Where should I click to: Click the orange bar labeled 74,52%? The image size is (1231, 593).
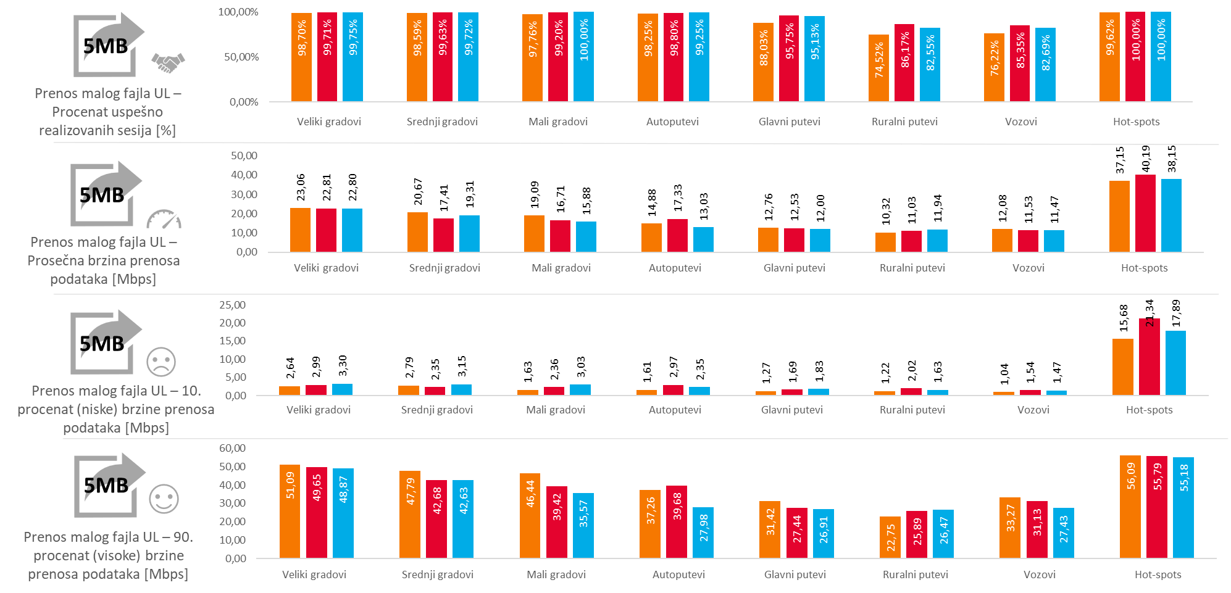(x=878, y=68)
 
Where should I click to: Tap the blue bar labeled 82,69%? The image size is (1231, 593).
(x=1045, y=65)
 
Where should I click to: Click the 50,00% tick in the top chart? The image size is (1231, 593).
(x=241, y=57)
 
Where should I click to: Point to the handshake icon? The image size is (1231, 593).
(x=168, y=62)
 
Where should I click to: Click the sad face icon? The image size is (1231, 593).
(x=161, y=362)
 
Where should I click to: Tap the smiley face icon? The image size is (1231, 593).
(x=164, y=499)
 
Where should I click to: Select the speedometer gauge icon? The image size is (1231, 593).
(x=164, y=219)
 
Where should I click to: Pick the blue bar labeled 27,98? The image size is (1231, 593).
(x=703, y=533)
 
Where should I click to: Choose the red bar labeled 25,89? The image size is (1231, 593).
(x=917, y=534)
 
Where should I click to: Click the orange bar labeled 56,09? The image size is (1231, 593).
(x=1130, y=507)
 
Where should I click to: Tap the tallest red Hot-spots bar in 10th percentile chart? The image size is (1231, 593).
(x=1150, y=357)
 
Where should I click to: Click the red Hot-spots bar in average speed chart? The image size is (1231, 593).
(x=1145, y=213)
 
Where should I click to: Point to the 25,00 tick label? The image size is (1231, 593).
(x=232, y=305)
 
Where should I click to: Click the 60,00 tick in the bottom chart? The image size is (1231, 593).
(x=232, y=448)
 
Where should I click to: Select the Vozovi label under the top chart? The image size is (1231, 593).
(x=1021, y=122)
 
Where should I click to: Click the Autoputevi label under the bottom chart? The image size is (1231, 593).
(x=678, y=574)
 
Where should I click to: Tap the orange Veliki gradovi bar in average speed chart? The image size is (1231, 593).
(x=300, y=230)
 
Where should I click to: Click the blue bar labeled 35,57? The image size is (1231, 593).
(x=583, y=525)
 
